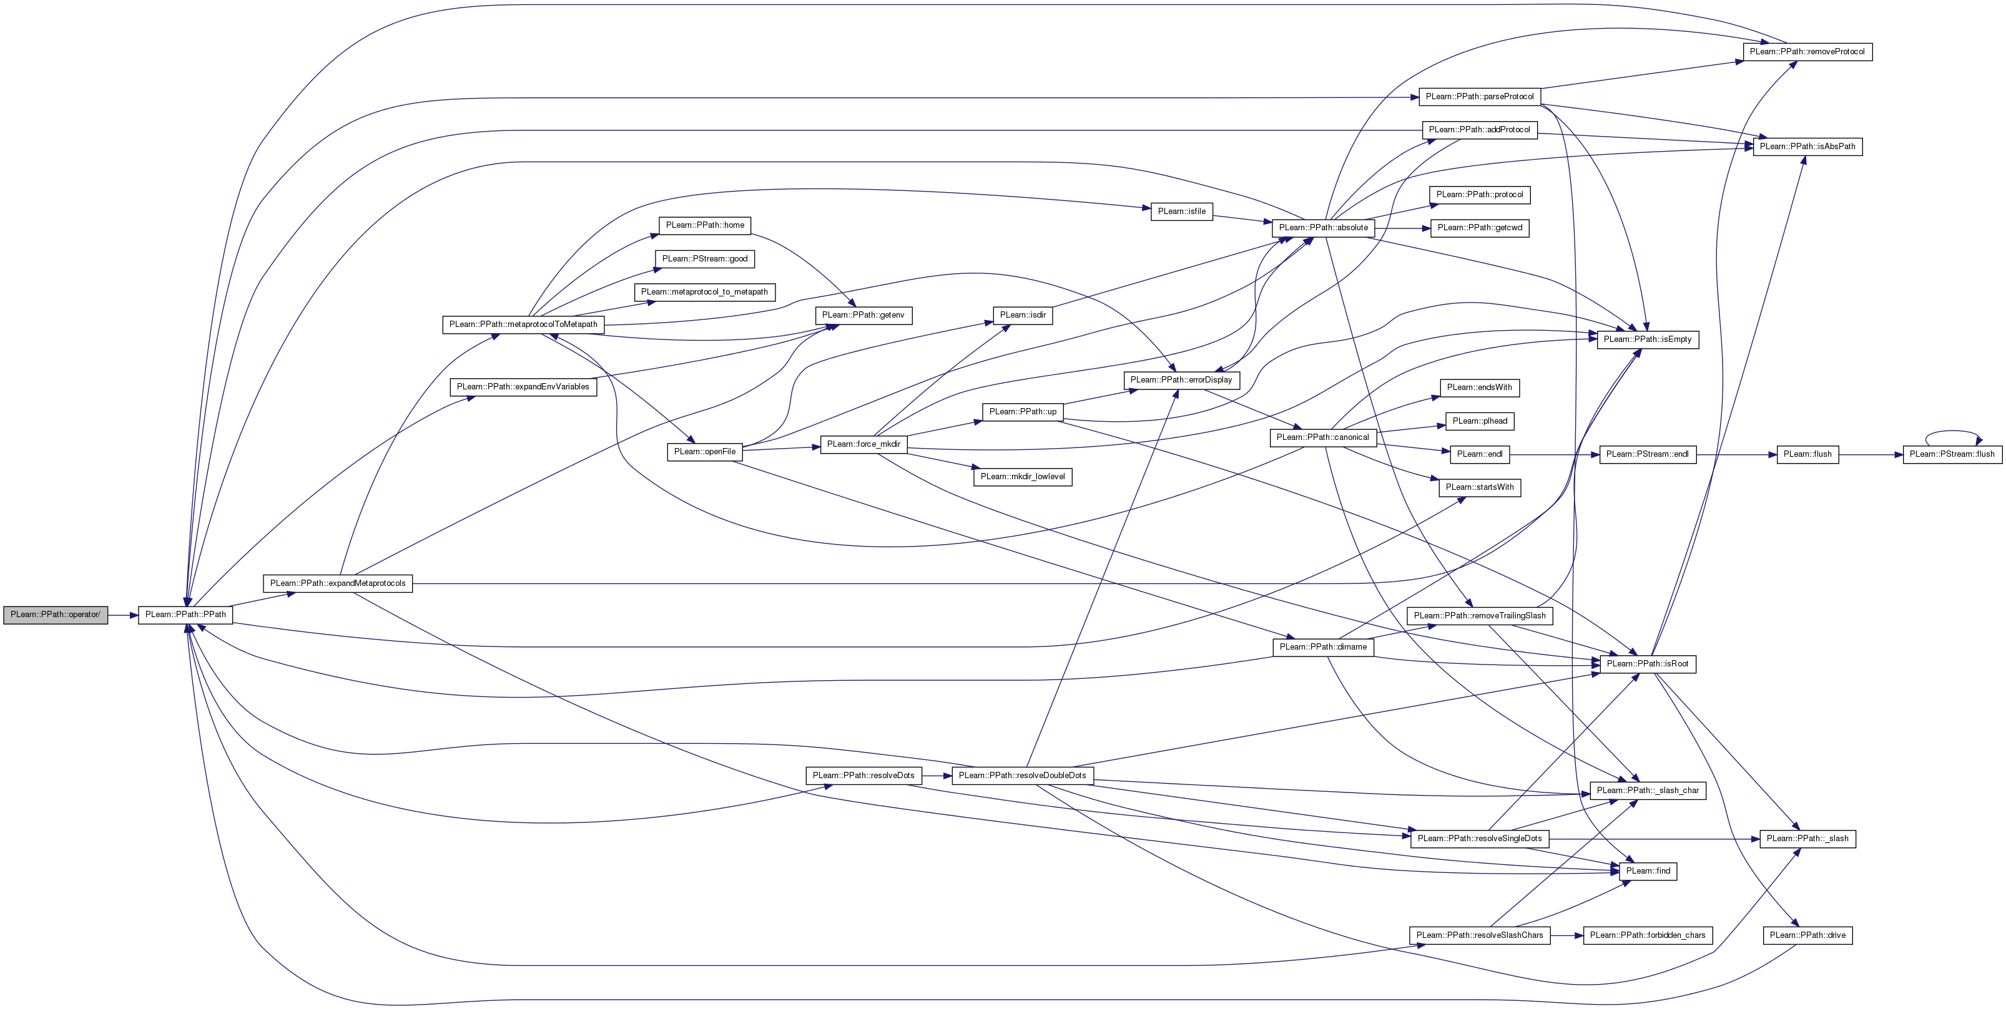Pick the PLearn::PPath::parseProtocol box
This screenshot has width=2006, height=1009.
1479,97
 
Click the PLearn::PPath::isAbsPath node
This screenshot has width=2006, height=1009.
1807,147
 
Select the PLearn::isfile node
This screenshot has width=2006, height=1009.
1181,212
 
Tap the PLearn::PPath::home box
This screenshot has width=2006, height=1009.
705,226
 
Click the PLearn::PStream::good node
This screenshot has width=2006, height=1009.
705,259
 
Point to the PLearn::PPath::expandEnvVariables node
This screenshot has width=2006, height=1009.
523,387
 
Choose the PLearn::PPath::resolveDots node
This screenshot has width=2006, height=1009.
863,776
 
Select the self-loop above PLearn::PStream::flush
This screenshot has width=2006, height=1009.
1952,433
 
